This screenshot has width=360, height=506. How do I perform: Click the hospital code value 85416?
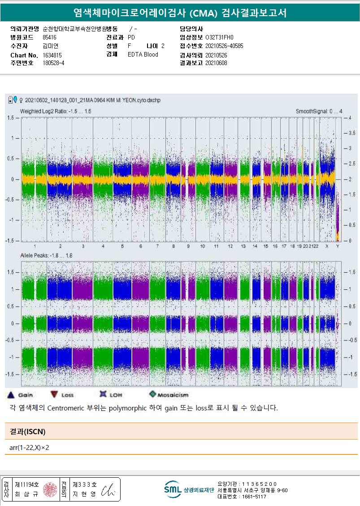49,37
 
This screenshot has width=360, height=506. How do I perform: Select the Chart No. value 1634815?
52,55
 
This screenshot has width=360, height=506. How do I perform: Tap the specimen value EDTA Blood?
143,54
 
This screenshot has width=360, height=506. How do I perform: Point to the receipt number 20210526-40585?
224,46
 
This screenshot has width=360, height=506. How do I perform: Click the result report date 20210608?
216,63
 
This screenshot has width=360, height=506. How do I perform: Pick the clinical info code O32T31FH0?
219,37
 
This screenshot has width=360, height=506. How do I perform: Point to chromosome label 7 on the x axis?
157,246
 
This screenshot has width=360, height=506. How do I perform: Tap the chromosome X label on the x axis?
327,246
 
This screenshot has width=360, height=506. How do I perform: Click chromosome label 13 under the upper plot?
243,246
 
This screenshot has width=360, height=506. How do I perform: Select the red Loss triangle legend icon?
54,395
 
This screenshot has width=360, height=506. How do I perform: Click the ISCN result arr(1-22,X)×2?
29,448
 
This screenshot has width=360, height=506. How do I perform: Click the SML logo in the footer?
173,489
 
